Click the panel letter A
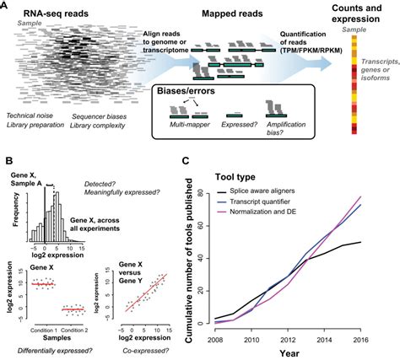coord(6,6)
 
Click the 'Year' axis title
coord(296,347)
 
